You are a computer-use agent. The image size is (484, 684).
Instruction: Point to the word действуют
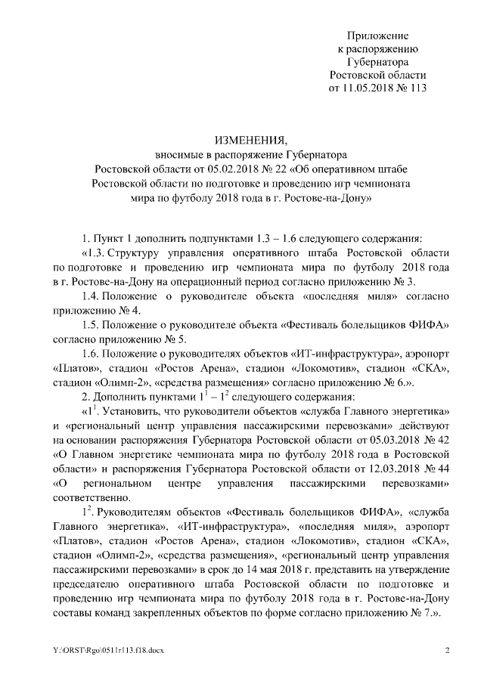427,425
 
